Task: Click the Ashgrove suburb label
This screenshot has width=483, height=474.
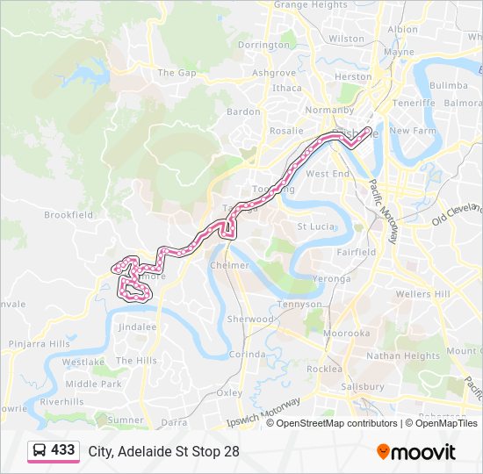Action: tap(274, 73)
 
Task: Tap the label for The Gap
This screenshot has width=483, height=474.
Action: tap(177, 73)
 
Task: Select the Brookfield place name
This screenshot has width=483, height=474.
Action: tap(68, 214)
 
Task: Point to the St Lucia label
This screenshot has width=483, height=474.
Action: tap(313, 226)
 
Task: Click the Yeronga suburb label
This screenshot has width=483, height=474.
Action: tap(333, 279)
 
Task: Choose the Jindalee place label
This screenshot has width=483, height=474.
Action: tap(137, 327)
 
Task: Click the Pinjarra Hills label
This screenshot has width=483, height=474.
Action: tap(35, 343)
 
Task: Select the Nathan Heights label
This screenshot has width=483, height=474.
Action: tap(402, 356)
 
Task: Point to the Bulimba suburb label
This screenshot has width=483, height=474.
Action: tap(449, 85)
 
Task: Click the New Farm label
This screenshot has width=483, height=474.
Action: tap(413, 131)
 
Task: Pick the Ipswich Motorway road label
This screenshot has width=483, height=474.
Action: tap(263, 410)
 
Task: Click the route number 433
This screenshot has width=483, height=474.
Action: tap(63, 450)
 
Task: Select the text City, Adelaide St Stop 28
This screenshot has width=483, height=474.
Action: tap(163, 451)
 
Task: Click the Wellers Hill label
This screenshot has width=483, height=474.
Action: tap(423, 293)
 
